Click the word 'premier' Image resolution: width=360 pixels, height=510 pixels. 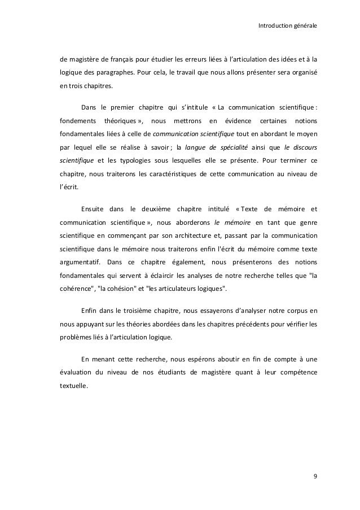[x=128, y=107]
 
